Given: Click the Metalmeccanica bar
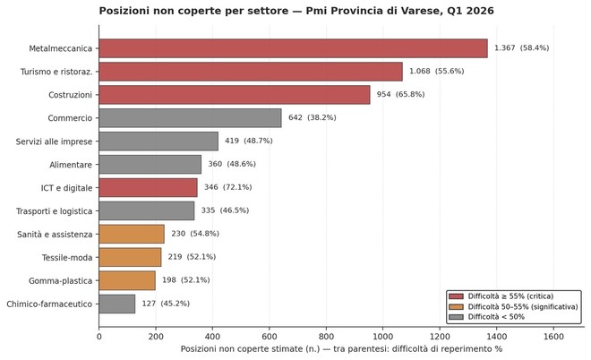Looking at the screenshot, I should pyautogui.click(x=293, y=48).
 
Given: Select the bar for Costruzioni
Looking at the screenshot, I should pyautogui.click(x=234, y=95).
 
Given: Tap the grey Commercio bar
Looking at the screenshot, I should pyautogui.click(x=190, y=118).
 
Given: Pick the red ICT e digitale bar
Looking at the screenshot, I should pyautogui.click(x=148, y=187).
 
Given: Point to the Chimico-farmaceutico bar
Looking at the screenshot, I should pyautogui.click(x=116, y=304).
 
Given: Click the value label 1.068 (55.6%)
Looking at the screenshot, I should pyautogui.click(x=436, y=72).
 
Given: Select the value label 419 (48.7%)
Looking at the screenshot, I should pyautogui.click(x=248, y=141).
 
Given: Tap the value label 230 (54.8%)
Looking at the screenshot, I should pyautogui.click(x=194, y=234).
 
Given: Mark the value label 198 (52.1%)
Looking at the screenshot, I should pyautogui.click(x=185, y=280).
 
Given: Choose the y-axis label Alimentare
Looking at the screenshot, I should pyautogui.click(x=71, y=165).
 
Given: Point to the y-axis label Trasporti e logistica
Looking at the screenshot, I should pyautogui.click(x=54, y=210).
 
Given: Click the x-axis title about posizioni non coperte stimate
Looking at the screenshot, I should pyautogui.click(x=341, y=348).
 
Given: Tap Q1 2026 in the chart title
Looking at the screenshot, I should pyautogui.click(x=461, y=10).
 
